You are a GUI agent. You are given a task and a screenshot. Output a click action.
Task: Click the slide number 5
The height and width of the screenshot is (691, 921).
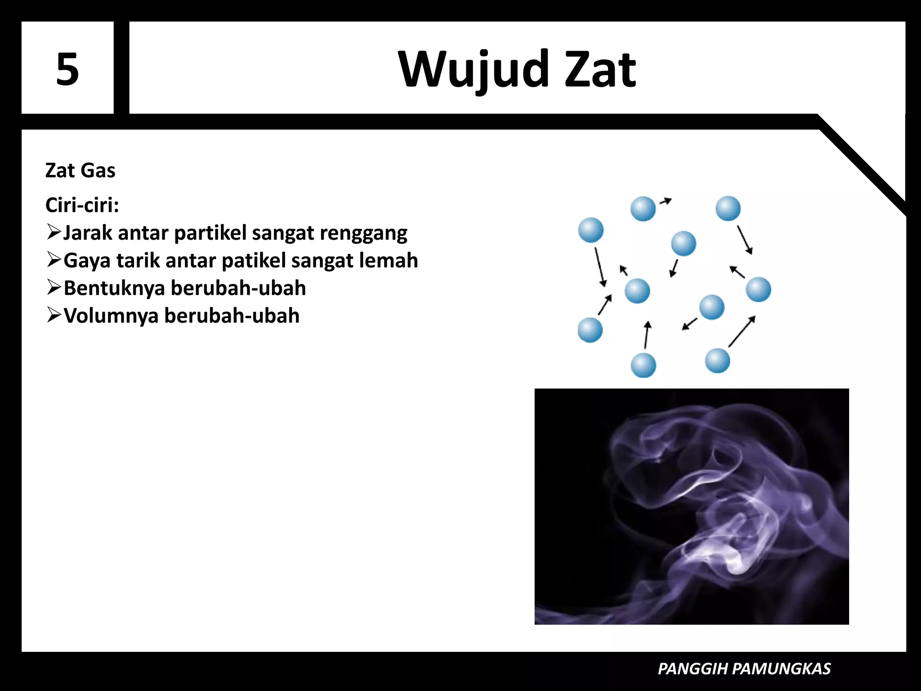tap(67, 69)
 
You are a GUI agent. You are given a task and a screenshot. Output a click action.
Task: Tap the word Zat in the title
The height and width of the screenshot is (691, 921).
tap(600, 70)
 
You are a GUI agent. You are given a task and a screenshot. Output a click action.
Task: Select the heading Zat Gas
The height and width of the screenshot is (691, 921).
tap(80, 171)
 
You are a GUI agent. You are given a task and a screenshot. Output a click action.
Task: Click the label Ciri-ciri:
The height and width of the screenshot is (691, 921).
tap(82, 205)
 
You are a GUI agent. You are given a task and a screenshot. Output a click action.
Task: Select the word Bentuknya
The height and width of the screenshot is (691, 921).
tap(114, 288)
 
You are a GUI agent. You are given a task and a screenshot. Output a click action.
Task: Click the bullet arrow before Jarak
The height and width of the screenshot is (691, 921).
tap(54, 232)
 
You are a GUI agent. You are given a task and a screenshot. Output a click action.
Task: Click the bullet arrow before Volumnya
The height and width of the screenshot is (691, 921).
tap(54, 315)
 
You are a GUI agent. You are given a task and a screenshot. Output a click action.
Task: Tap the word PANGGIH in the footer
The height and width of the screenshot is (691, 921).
tap(693, 669)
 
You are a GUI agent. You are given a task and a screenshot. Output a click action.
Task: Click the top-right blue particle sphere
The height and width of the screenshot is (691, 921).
tap(728, 208)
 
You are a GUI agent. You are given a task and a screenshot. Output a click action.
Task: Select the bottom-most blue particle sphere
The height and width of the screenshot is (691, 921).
tap(643, 365)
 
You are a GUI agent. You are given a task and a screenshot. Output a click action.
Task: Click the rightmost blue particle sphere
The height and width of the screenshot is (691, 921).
tap(758, 289)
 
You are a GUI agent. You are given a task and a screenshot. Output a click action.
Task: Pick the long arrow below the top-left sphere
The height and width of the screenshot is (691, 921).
tap(600, 266)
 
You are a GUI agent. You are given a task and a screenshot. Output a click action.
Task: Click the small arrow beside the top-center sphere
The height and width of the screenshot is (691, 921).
tap(666, 201)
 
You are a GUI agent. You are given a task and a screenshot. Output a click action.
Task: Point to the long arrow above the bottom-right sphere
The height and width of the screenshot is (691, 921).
tap(742, 331)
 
